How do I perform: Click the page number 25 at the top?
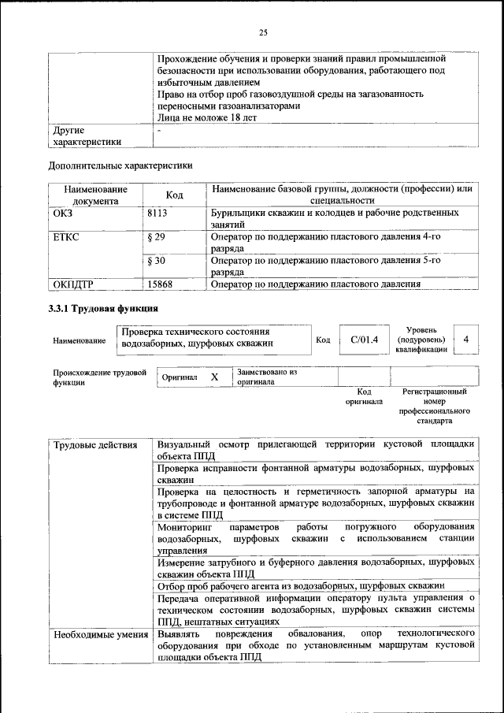(x=263, y=32)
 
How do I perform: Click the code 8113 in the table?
(x=158, y=214)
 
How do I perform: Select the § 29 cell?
(x=156, y=236)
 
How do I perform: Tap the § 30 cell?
(x=156, y=260)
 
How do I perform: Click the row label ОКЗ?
(x=63, y=214)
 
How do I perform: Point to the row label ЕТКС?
(x=66, y=236)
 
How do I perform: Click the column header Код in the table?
(x=175, y=195)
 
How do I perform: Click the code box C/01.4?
(x=364, y=340)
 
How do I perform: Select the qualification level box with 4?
(x=467, y=340)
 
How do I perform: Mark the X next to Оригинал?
(x=214, y=377)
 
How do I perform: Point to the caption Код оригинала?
(x=364, y=396)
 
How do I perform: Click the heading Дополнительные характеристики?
(x=120, y=165)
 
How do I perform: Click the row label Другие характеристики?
(x=87, y=136)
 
